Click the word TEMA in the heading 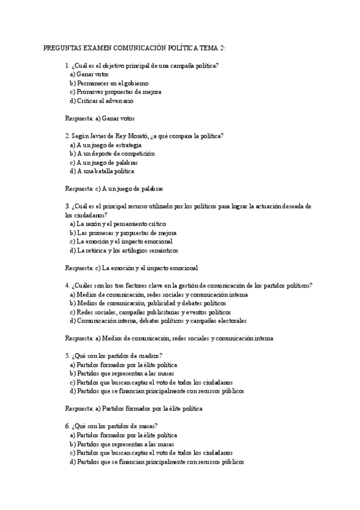tap(205, 48)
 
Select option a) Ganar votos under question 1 tap(89, 74)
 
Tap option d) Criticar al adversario tap(102, 100)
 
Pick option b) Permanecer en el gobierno tap(109, 83)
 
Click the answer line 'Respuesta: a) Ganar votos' tap(100, 118)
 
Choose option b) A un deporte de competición tap(112, 153)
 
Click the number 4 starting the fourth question tap(67, 286)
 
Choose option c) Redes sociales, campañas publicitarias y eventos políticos tap(150, 312)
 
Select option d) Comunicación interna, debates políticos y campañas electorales tap(157, 321)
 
